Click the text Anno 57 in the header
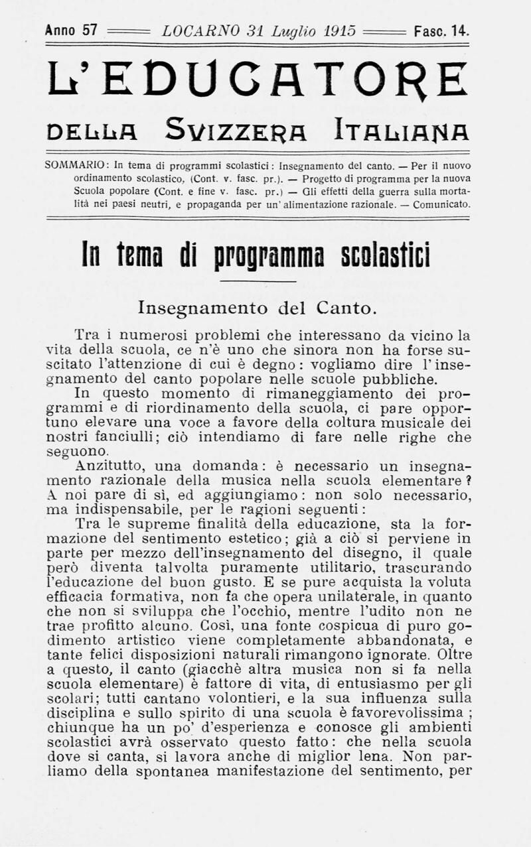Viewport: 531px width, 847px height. click(x=71, y=31)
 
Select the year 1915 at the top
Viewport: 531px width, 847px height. click(x=340, y=31)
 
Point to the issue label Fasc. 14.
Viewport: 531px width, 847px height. click(x=441, y=31)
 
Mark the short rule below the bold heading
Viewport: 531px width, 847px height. click(x=258, y=281)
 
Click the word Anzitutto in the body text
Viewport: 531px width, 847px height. click(x=110, y=466)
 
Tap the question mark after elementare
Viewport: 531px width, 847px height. click(x=467, y=480)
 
